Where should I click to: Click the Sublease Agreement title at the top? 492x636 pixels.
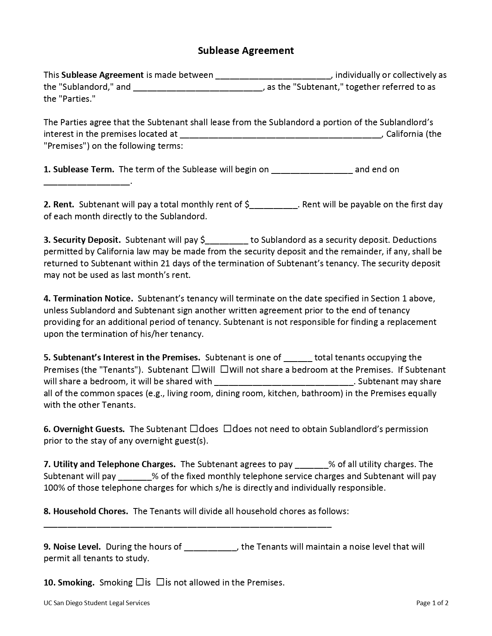[x=246, y=50]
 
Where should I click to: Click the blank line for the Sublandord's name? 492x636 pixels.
[x=273, y=76]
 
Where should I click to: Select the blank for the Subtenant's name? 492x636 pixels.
[x=198, y=87]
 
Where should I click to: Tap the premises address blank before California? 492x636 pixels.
[x=281, y=135]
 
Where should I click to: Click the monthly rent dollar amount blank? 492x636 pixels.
[x=274, y=205]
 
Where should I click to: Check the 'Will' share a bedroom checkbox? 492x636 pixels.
[x=196, y=369]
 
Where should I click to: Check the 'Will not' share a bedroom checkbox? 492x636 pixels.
[x=225, y=369]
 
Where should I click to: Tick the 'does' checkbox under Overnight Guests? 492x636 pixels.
[x=194, y=429]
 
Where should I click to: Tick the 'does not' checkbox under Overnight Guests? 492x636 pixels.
[x=227, y=429]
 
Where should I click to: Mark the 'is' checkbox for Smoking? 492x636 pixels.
[x=140, y=582]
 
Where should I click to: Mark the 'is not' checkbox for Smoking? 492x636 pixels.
[x=161, y=582]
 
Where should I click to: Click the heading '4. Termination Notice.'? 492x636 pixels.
[x=88, y=299]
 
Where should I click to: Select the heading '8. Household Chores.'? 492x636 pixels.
[x=86, y=511]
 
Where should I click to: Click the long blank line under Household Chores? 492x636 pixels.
[x=188, y=525]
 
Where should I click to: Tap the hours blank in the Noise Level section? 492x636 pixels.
[x=210, y=547]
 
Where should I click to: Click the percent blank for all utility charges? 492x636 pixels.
[x=311, y=465]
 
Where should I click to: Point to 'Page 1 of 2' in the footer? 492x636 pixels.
[x=432, y=603]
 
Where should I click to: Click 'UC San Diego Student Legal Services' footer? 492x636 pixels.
[x=96, y=603]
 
